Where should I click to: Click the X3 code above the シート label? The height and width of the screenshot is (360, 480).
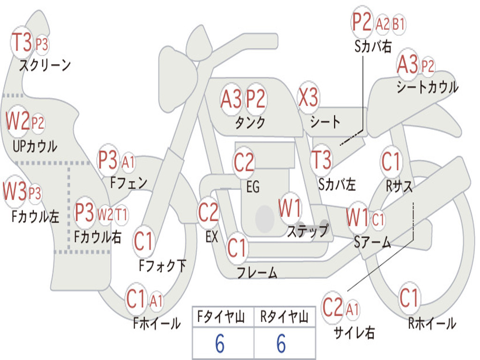(x=308, y=97)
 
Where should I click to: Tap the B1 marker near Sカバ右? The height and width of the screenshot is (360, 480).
(x=398, y=24)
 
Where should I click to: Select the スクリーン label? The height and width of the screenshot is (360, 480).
(x=45, y=65)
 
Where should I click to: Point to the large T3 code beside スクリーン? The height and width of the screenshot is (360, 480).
(x=22, y=42)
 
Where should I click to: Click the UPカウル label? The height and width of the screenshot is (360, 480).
(x=35, y=146)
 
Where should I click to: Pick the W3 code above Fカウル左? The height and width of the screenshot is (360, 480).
(x=15, y=191)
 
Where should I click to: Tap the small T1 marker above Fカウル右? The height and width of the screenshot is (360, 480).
(x=121, y=214)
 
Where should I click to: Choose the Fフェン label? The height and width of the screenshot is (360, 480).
(x=128, y=183)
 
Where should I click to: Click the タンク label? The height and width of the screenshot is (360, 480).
(x=250, y=122)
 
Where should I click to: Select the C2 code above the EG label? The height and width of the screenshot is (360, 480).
(x=244, y=162)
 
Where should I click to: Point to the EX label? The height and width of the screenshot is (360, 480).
(x=211, y=237)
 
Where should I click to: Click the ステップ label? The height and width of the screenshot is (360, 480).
(x=308, y=231)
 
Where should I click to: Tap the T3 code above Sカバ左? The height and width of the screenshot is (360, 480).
(x=321, y=159)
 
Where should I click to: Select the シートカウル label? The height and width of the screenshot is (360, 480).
(x=427, y=87)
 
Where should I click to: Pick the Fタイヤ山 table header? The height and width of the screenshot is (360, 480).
(x=221, y=317)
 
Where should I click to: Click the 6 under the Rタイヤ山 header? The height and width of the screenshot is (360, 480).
(x=281, y=343)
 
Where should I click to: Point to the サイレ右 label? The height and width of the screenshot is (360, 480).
(x=354, y=332)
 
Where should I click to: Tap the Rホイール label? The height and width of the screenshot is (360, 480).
(x=432, y=323)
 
